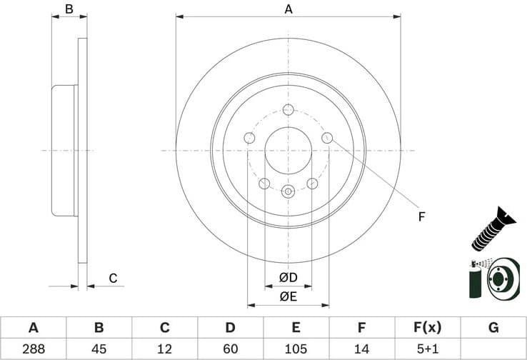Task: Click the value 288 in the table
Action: [x=33, y=349]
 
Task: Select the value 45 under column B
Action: [x=99, y=349]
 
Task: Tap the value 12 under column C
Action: [x=164, y=349]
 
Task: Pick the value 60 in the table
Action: [x=230, y=349]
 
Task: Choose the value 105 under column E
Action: [x=296, y=349]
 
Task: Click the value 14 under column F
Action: [x=361, y=349]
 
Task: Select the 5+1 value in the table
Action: [x=427, y=349]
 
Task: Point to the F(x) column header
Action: [x=427, y=328]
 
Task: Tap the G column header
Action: [x=493, y=328]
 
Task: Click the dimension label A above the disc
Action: [x=288, y=9]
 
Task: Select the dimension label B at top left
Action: [x=69, y=9]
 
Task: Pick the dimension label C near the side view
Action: [x=113, y=279]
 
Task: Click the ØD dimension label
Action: [x=288, y=277]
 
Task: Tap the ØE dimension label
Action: [x=288, y=296]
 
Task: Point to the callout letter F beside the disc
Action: [x=421, y=216]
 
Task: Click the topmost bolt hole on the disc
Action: [x=288, y=109]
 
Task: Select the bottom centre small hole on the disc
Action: [x=288, y=191]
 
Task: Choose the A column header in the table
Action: [x=33, y=328]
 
